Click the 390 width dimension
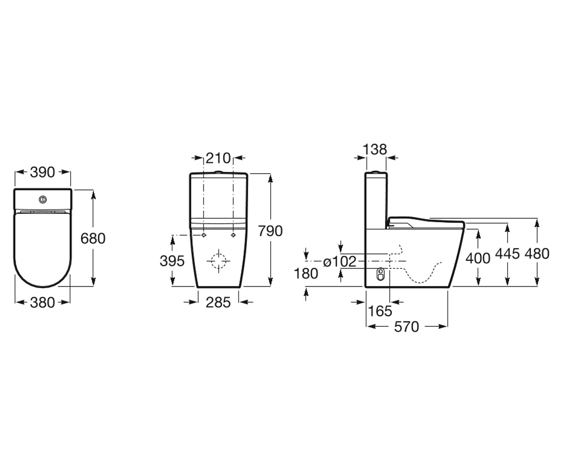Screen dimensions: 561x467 click(43, 172)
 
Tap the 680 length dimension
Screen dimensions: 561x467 click(93, 238)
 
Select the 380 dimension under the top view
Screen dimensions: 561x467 click(43, 303)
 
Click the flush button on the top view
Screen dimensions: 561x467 click(43, 199)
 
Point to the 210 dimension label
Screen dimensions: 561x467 click(218, 158)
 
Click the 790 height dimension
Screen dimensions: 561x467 click(270, 231)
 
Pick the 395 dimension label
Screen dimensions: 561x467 click(172, 261)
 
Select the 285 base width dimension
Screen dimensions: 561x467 click(218, 303)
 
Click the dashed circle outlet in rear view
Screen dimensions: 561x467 click(218, 261)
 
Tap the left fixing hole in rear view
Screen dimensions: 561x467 click(204, 235)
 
